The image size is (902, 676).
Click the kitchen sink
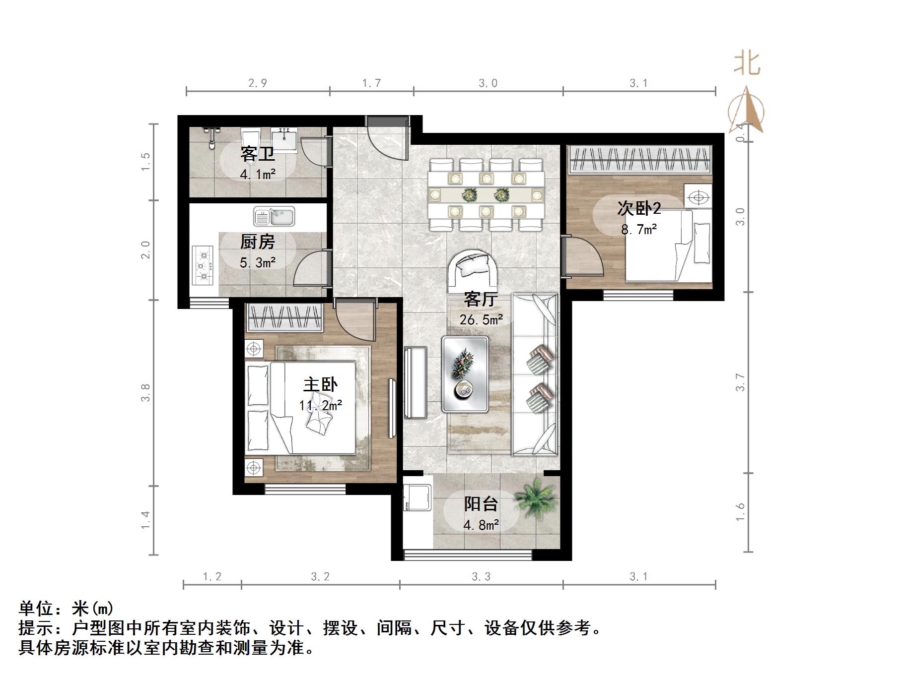click(x=274, y=217)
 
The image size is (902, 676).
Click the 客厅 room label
click(x=481, y=300)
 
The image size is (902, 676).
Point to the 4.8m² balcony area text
click(x=481, y=525)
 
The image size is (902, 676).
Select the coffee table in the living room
click(x=465, y=374)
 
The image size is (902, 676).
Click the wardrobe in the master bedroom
click(x=284, y=317)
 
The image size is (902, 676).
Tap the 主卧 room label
click(x=320, y=385)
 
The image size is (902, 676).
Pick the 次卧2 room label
click(x=639, y=209)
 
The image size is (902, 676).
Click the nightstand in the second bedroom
click(x=698, y=197)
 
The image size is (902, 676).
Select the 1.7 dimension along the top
click(x=371, y=83)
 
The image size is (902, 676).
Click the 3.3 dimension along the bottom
click(x=481, y=577)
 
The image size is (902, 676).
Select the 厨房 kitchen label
click(x=257, y=242)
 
